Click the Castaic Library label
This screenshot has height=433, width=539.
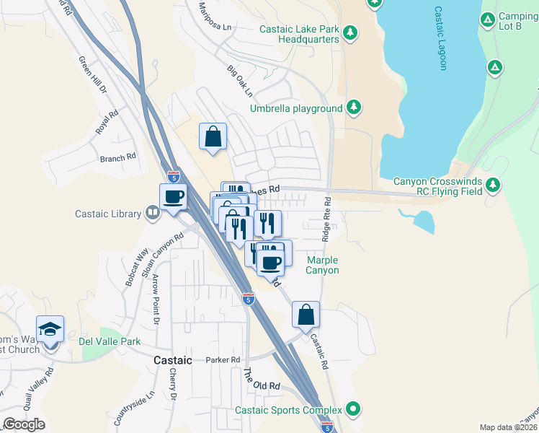[x=108, y=214]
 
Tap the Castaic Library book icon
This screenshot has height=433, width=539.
[x=152, y=213]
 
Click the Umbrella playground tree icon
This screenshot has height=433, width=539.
[x=353, y=108]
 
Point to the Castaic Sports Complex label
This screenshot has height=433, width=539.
[x=289, y=411]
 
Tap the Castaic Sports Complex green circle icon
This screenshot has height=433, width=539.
[x=353, y=410]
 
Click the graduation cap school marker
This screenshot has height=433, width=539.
[x=50, y=331]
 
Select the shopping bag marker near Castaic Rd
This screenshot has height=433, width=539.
[x=306, y=315]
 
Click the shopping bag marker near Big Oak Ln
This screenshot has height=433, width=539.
[x=213, y=136]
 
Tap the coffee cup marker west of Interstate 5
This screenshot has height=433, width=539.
[x=173, y=196]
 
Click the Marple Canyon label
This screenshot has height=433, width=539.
[x=322, y=265]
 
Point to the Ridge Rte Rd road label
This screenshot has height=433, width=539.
[x=327, y=219]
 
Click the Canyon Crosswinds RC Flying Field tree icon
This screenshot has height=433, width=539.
[x=493, y=185]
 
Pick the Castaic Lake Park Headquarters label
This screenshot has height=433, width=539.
[x=299, y=34]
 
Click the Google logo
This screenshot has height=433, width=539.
[x=24, y=424]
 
